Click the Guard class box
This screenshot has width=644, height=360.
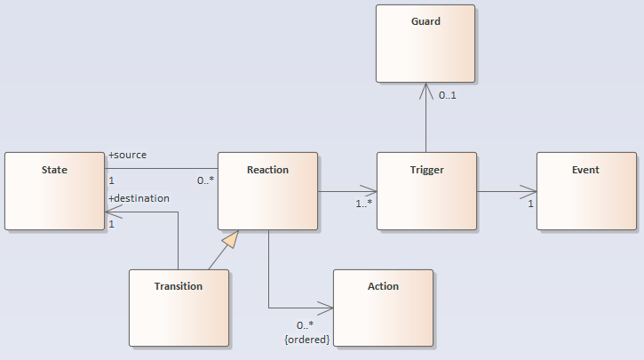click(425, 44)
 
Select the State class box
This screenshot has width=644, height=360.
click(54, 191)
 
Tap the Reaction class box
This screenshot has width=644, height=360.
click(267, 191)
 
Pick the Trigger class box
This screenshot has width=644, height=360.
click(426, 191)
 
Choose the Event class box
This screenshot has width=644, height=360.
click(586, 191)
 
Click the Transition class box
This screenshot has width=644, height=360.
click(179, 308)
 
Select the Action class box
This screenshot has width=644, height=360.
click(383, 308)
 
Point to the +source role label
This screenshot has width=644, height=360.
click(127, 155)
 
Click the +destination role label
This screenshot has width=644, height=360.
click(139, 198)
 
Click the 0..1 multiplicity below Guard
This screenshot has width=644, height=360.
click(449, 95)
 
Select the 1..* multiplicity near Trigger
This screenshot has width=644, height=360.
click(364, 204)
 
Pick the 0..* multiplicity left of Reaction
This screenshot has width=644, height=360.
click(205, 180)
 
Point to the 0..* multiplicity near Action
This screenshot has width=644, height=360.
click(305, 325)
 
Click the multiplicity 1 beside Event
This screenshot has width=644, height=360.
click(531, 204)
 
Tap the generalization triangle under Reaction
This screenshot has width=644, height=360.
click(231, 237)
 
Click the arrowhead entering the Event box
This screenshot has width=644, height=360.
click(530, 191)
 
